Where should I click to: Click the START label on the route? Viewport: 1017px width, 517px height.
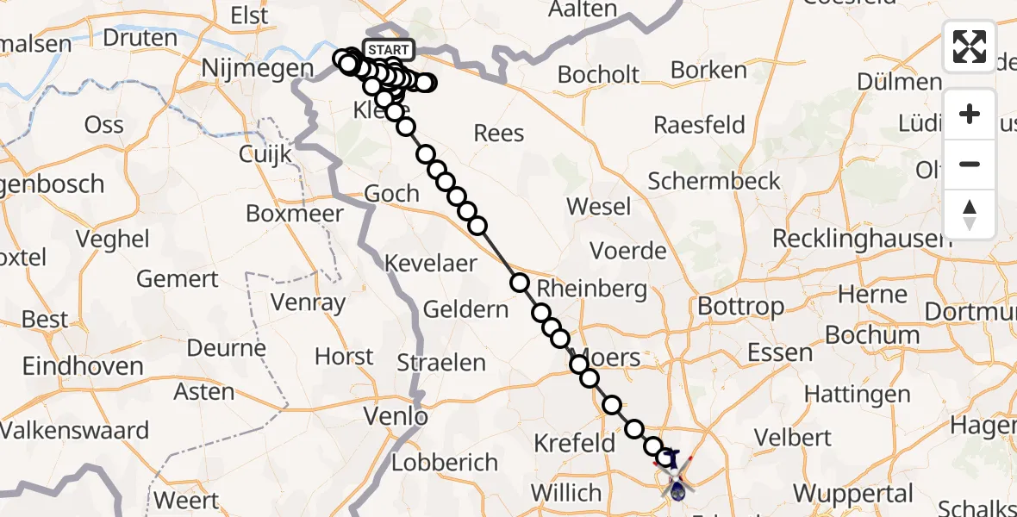click(x=389, y=49)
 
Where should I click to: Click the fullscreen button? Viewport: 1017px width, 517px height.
click(x=970, y=46)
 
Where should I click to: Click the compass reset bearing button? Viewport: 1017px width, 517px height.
click(x=970, y=214)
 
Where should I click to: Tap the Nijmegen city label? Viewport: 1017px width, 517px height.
click(x=243, y=68)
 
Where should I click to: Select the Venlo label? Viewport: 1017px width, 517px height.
click(x=396, y=417)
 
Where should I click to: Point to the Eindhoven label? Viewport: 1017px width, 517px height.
click(x=83, y=366)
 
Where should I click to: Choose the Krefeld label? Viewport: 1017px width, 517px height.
click(x=574, y=444)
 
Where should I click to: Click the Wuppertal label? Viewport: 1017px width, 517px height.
click(x=852, y=494)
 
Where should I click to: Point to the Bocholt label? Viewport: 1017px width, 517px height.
click(x=598, y=74)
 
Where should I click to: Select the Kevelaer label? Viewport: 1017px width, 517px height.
click(x=431, y=263)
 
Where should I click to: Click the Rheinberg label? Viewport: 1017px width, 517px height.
click(x=591, y=289)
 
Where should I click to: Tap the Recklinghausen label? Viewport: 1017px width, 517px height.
click(x=862, y=238)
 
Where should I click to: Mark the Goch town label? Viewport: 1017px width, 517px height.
click(x=391, y=194)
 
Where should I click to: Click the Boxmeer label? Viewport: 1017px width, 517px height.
click(x=295, y=213)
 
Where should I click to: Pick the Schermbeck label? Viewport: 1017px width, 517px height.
click(x=714, y=181)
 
